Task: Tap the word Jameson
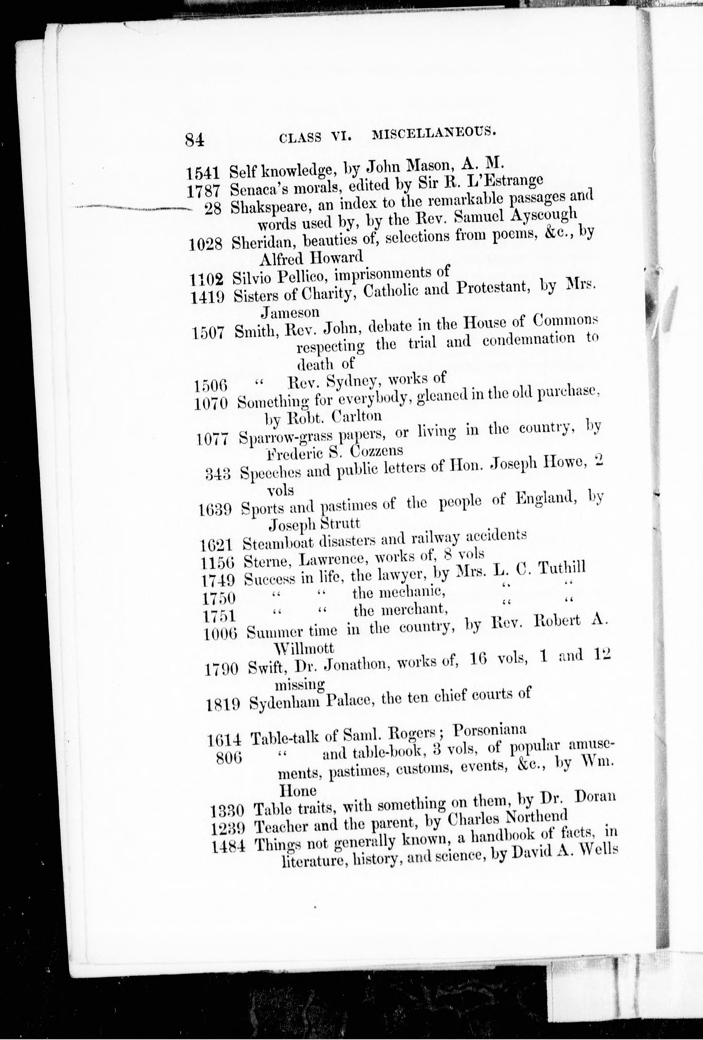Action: (290, 312)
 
